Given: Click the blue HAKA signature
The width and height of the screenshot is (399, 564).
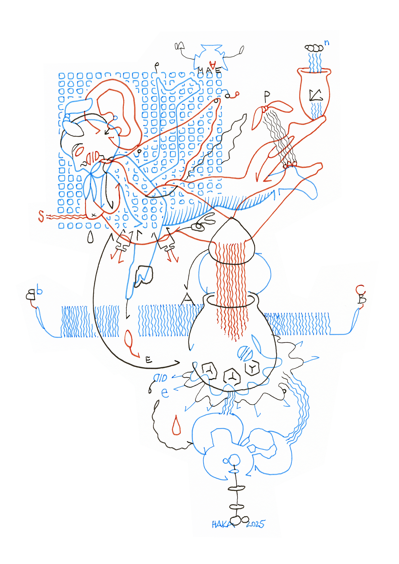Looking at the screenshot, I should click(x=223, y=524).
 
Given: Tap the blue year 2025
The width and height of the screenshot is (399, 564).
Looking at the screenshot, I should click(x=256, y=524).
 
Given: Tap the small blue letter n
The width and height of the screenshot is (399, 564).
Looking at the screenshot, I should click(x=326, y=43).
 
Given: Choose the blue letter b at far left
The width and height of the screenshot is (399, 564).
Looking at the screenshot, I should click(x=40, y=291).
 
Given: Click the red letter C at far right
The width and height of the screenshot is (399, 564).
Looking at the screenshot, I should click(x=360, y=290).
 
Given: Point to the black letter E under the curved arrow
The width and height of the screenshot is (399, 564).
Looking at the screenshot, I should click(x=149, y=360).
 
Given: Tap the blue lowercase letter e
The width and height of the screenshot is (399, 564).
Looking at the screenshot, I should click(x=165, y=393).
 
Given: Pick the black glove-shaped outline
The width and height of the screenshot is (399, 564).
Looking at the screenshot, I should click(x=143, y=276).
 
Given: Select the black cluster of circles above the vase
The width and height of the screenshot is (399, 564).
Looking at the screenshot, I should click(x=314, y=48).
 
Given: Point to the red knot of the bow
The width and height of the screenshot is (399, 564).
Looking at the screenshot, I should click(x=265, y=109).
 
